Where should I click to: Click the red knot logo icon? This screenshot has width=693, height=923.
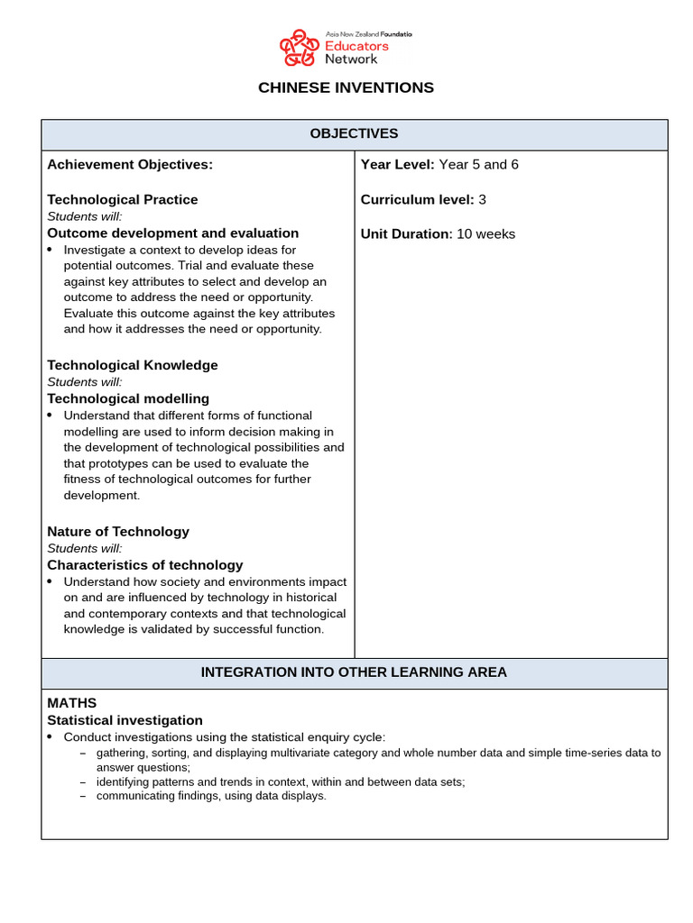tap(299, 48)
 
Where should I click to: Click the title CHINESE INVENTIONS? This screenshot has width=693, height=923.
tap(346, 87)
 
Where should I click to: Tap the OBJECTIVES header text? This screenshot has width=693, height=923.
tap(354, 133)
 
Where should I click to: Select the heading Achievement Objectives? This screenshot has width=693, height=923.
tap(130, 164)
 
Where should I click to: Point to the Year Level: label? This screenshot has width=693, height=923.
tap(398, 164)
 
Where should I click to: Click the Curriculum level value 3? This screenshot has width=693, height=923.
tap(483, 199)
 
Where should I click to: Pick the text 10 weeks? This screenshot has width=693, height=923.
tap(486, 233)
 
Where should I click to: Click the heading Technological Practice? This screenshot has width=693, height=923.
tap(122, 199)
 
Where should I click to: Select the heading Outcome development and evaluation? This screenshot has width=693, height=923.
tap(172, 233)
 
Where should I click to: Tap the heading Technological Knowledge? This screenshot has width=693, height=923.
tap(132, 365)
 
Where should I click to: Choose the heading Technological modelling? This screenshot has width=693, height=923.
tap(128, 398)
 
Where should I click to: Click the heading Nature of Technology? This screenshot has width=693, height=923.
tap(118, 531)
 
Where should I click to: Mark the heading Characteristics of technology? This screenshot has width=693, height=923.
tap(144, 565)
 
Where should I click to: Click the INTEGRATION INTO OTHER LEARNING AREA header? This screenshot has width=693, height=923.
tap(354, 672)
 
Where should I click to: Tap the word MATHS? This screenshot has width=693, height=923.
tap(71, 702)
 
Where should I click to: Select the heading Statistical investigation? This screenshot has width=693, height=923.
tap(125, 720)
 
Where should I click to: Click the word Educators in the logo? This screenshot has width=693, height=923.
tap(357, 45)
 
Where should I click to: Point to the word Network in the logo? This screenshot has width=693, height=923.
tap(352, 59)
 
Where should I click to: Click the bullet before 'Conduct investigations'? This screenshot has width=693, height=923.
tap(51, 737)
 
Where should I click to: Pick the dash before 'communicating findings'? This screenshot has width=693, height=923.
tap(83, 796)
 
